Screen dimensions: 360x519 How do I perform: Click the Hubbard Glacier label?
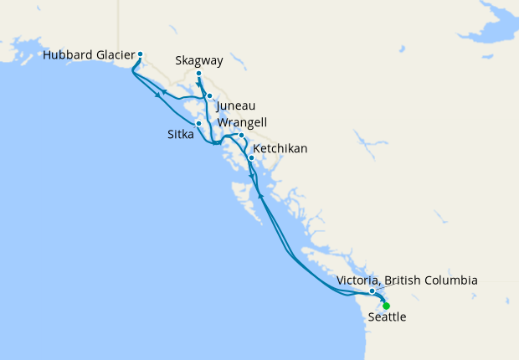point(88,55)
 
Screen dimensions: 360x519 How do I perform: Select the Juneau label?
point(235,106)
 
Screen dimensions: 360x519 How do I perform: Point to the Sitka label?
point(180,131)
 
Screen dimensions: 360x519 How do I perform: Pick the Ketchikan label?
point(280,148)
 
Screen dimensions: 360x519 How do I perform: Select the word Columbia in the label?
point(450,280)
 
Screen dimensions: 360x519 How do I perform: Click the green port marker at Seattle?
point(386,306)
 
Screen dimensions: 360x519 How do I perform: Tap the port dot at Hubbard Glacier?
point(140,55)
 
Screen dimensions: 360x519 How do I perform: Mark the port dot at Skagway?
point(198,74)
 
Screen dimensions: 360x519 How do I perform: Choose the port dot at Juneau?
point(209,96)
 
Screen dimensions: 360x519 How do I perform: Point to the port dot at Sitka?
point(198,124)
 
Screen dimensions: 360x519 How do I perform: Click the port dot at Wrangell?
point(241,136)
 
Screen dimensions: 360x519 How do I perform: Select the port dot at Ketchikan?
point(251,157)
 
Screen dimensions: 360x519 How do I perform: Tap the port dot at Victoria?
point(373,291)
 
